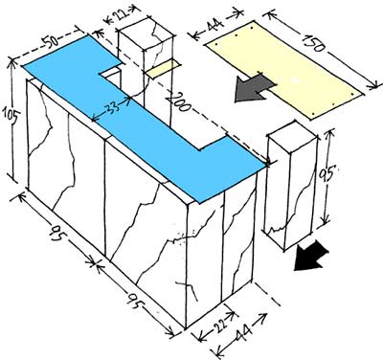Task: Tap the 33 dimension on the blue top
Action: (112, 107)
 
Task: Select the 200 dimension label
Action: (178, 101)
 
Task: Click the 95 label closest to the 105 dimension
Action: (59, 234)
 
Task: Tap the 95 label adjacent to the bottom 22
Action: (137, 300)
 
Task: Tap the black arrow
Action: (311, 256)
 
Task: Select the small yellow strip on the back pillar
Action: (164, 68)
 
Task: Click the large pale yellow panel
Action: (284, 70)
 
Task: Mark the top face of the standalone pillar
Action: (293, 131)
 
